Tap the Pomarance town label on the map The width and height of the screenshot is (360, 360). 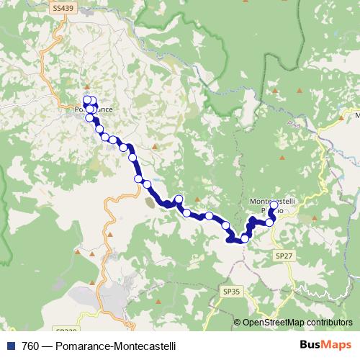(x=94, y=109)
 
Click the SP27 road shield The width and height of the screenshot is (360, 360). (x=283, y=255)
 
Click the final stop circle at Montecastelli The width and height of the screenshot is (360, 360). (x=274, y=204)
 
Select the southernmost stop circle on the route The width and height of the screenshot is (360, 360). (x=245, y=238)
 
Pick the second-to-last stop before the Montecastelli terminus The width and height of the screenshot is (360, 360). (x=269, y=222)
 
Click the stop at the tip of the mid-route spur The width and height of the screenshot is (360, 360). (x=179, y=199)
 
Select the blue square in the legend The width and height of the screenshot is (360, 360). (x=8, y=346)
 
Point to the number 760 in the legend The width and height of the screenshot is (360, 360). (x=25, y=346)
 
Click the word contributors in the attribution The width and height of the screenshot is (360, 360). (x=330, y=322)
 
